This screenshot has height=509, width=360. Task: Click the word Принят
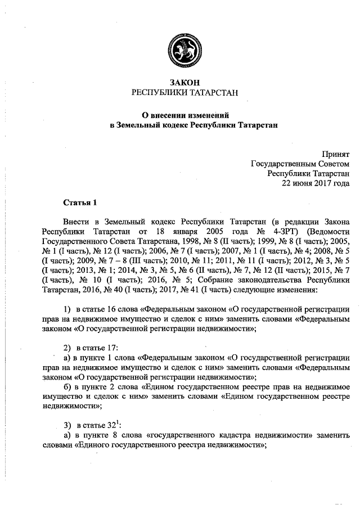pyautogui.click(x=335, y=154)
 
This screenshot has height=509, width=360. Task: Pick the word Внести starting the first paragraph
pyautogui.click(x=75, y=222)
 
